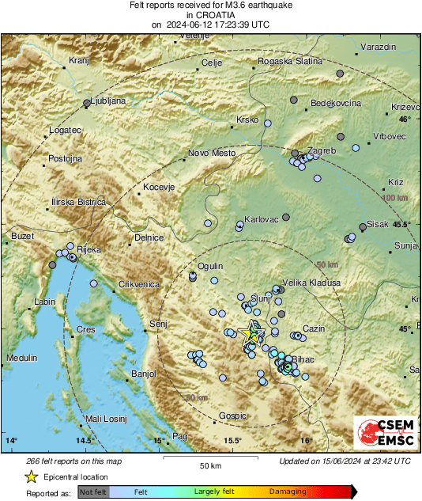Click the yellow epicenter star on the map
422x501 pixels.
point(252,332)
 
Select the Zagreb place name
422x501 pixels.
point(321,150)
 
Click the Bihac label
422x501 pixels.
point(303,359)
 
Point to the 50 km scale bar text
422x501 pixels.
point(209,465)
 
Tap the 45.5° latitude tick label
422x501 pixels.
point(402,225)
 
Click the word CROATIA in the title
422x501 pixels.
point(210,15)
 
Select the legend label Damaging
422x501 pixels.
point(288,492)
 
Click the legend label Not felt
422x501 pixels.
point(94,492)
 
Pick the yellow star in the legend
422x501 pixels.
point(31,476)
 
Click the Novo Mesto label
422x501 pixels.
point(209,154)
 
